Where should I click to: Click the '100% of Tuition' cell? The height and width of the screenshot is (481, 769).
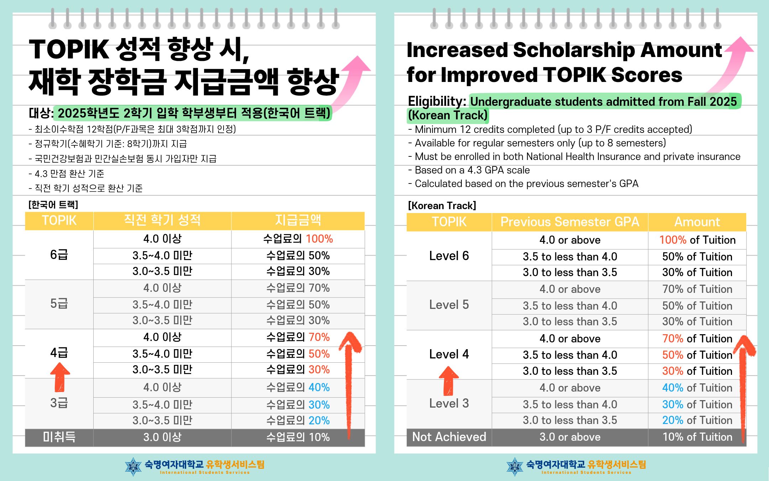click(x=697, y=240)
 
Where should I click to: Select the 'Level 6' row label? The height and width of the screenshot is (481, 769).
click(x=449, y=255)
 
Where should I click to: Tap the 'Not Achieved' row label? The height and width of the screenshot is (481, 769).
click(x=449, y=437)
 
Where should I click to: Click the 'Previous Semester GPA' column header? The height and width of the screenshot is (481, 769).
click(x=570, y=222)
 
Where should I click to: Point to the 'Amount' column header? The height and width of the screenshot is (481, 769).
click(x=697, y=222)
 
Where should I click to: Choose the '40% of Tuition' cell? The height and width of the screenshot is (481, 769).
click(x=697, y=388)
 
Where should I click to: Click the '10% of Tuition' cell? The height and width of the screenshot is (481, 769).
click(x=697, y=437)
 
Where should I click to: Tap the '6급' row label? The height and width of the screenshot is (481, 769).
click(x=59, y=254)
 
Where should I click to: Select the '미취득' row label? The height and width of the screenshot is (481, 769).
click(x=59, y=437)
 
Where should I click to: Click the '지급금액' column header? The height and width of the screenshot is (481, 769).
click(x=298, y=220)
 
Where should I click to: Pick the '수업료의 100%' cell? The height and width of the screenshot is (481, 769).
click(x=298, y=239)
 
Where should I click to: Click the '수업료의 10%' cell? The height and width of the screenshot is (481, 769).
click(x=298, y=437)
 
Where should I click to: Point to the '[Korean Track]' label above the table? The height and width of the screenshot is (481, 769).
click(x=442, y=206)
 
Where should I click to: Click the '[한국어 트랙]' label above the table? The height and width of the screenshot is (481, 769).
click(x=53, y=205)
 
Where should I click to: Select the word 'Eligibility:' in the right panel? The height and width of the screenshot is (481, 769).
click(x=437, y=102)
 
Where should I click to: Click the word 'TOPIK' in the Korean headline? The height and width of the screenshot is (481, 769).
click(x=69, y=49)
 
